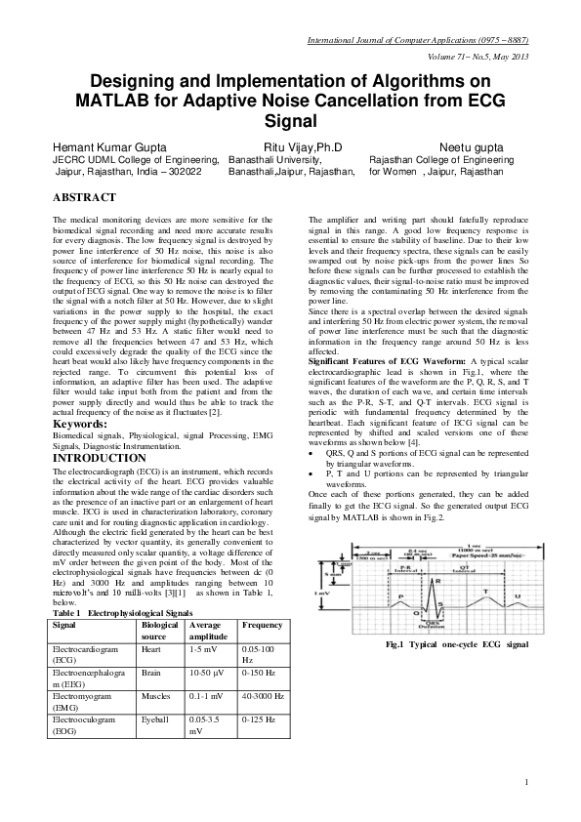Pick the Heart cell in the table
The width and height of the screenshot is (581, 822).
click(x=151, y=648)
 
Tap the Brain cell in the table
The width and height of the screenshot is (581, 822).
click(x=151, y=673)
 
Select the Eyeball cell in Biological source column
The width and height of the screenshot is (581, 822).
click(x=155, y=720)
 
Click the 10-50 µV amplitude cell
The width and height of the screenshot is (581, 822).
click(x=204, y=673)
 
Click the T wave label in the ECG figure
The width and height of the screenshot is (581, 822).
click(x=485, y=592)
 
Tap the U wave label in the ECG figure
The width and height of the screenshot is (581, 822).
click(x=518, y=596)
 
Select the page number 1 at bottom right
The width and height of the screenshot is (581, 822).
click(x=525, y=782)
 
